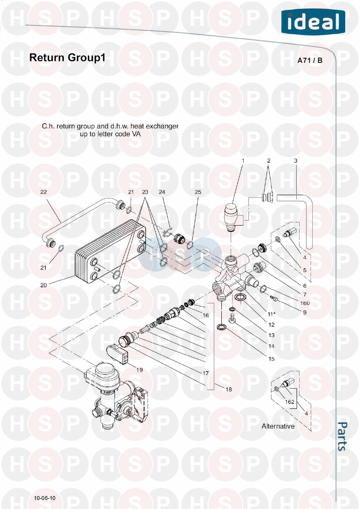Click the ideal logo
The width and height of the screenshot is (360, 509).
[313, 22]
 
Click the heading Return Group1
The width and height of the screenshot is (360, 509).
[67, 58]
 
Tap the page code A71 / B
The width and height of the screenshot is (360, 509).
[310, 61]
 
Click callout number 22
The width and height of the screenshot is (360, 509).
[44, 192]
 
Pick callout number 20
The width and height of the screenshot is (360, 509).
[44, 285]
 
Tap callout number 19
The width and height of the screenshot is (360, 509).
[139, 370]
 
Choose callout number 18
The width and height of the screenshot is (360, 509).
[229, 389]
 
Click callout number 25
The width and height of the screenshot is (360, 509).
[198, 192]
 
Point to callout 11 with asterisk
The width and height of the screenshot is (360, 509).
[272, 314]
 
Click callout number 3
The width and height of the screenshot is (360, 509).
[295, 161]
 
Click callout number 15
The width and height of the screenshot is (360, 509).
[272, 359]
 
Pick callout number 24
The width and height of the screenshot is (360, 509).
[162, 192]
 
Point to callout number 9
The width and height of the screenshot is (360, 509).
[305, 313]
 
